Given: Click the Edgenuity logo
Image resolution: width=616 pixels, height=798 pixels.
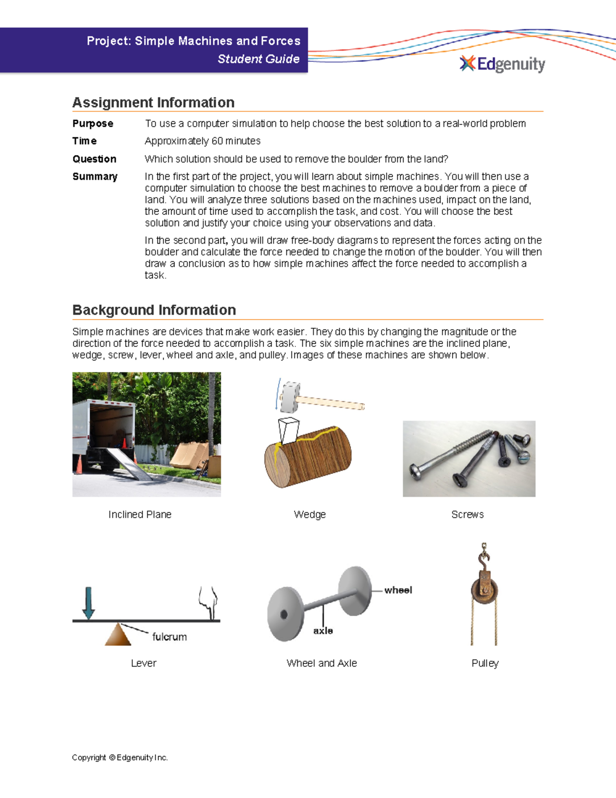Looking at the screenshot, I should (502, 64).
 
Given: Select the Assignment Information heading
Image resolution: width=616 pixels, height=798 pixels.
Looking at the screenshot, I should (153, 102).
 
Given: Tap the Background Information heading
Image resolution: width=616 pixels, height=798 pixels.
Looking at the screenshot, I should (154, 310).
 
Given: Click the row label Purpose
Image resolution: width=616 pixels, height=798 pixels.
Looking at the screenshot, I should (92, 123).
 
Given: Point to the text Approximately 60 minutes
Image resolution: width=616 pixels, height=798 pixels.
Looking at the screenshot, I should (202, 141).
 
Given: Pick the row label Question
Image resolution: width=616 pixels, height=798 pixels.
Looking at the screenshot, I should (94, 159).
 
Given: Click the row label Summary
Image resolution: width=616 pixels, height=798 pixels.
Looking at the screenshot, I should (94, 176).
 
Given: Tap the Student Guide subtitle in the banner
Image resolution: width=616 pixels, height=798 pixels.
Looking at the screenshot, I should (258, 59).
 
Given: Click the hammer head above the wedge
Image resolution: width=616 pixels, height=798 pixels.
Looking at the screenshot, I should (290, 397).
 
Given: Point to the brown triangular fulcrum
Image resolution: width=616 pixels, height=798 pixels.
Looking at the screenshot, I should (118, 635).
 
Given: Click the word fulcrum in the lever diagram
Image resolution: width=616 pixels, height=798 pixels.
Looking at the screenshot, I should (169, 637).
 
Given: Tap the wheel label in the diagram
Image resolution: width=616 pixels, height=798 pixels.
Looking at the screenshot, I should (398, 590).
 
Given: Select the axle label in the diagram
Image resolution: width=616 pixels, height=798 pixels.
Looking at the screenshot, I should (323, 630).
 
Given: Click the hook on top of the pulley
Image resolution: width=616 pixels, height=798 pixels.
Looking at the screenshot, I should (484, 555).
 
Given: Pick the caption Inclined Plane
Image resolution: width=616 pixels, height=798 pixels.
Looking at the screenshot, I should (140, 514).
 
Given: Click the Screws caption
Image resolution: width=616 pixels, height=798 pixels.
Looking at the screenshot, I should (467, 514).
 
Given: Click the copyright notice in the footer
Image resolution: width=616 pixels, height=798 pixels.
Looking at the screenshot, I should (120, 757).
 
